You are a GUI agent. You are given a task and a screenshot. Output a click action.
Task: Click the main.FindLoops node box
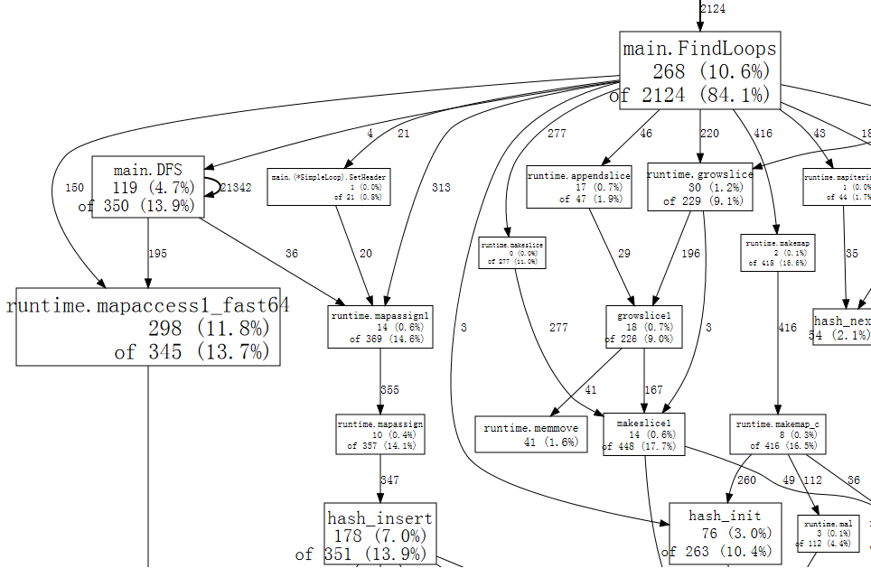pos(699,70)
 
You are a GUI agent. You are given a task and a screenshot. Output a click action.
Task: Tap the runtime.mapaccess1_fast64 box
pos(148,326)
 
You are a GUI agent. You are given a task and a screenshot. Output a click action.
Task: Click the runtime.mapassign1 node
pos(379,327)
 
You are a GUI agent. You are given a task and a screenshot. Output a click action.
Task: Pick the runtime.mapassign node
pos(379,434)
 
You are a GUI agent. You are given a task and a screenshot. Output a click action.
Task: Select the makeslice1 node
pos(643,434)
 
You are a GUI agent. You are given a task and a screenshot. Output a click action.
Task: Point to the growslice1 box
pos(643,327)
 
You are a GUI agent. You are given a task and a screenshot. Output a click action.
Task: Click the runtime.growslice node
pos(699,187)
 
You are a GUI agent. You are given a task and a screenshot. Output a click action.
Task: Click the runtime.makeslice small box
pos(512,252)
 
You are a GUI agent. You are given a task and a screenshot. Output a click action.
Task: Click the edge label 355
pos(389,390)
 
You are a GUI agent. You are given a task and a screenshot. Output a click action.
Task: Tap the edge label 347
pos(389,480)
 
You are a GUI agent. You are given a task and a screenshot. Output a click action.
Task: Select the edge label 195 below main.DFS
pos(157,254)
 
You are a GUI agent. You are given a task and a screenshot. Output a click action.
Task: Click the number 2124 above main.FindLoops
pos(713,9)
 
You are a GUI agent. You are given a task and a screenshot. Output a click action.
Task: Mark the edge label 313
pos(441,188)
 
